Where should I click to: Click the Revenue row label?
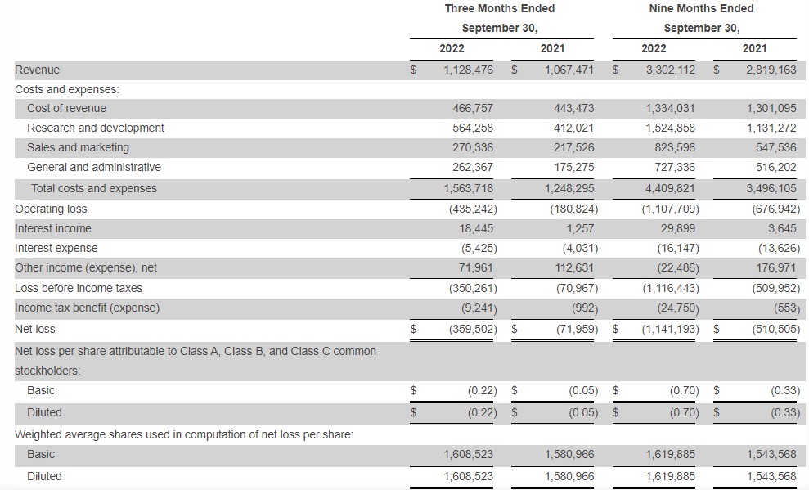tap(37, 70)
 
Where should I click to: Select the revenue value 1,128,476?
tap(468, 70)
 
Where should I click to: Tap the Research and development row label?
tap(95, 128)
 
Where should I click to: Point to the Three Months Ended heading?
tap(499, 8)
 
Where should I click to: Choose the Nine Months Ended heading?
tap(701, 8)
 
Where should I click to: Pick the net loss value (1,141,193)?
tap(670, 329)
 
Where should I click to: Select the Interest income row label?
tap(53, 228)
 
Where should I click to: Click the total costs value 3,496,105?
tap(771, 188)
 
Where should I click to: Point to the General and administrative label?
tap(94, 167)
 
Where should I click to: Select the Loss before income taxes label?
tap(79, 288)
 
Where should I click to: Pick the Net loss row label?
tap(35, 329)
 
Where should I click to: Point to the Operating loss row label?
tap(51, 209)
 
